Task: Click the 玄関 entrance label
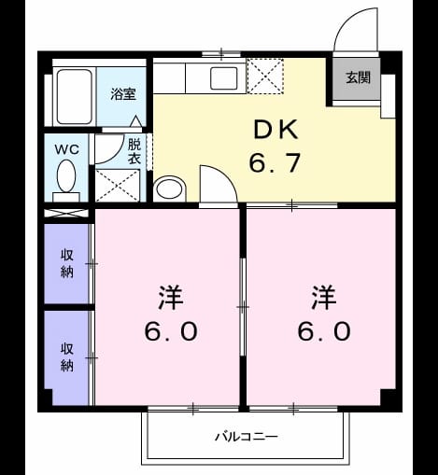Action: [x=359, y=77]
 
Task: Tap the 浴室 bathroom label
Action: [x=123, y=94]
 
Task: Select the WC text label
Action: [x=67, y=149]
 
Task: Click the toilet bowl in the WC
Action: [x=66, y=175]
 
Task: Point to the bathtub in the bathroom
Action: [x=75, y=96]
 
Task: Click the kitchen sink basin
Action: [x=224, y=78]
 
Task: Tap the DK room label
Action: [x=276, y=130]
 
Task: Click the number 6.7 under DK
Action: [x=275, y=162]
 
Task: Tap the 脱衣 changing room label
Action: [x=134, y=151]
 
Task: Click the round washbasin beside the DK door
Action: [x=169, y=189]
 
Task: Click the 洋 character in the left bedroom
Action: [x=171, y=297]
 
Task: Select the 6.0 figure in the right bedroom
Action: [x=324, y=331]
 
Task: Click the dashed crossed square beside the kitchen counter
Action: [x=265, y=76]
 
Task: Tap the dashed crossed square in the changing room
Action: [x=117, y=186]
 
